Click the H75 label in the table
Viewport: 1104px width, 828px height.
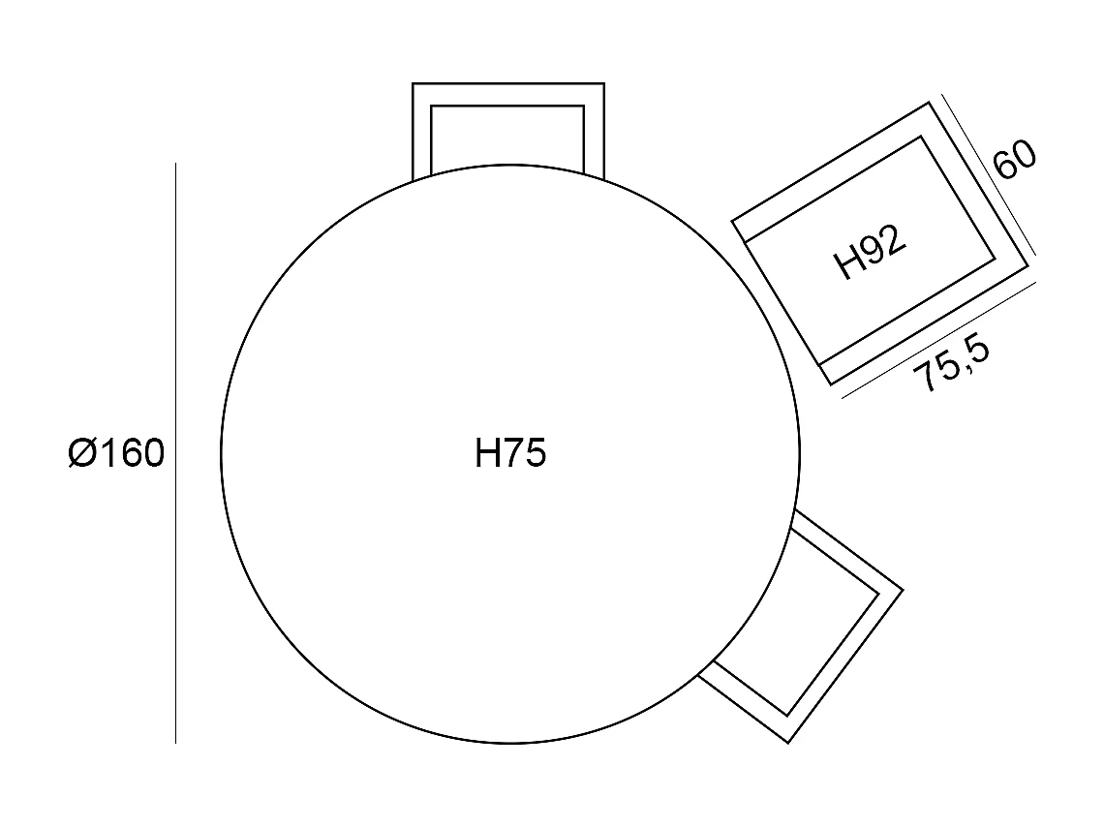[x=510, y=452]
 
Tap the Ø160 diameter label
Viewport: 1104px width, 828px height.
[x=116, y=452]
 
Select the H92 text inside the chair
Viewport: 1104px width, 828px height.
[x=870, y=252]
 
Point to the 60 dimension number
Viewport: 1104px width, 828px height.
[x=1015, y=160]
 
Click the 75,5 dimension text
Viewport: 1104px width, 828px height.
[x=952, y=365]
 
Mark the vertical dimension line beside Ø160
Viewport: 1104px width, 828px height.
[x=175, y=452]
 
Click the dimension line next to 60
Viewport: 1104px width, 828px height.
[x=989, y=174]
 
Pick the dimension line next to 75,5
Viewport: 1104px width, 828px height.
[x=939, y=340]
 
